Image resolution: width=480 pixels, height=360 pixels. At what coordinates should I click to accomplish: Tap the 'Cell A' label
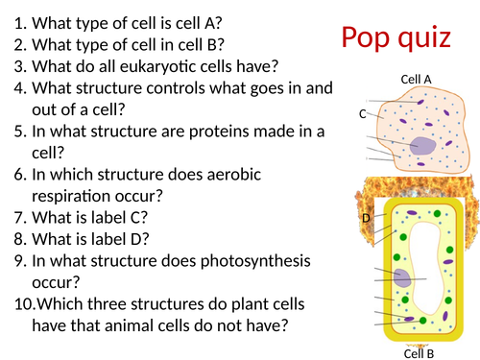coord(415,79)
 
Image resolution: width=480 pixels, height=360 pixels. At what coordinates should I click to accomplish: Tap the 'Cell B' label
coord(419,352)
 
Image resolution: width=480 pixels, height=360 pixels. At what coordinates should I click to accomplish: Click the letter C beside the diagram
coord(363,114)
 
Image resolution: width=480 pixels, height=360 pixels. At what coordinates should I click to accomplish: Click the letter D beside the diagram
coord(366,218)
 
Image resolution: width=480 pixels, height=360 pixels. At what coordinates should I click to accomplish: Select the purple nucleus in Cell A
coord(421,146)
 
